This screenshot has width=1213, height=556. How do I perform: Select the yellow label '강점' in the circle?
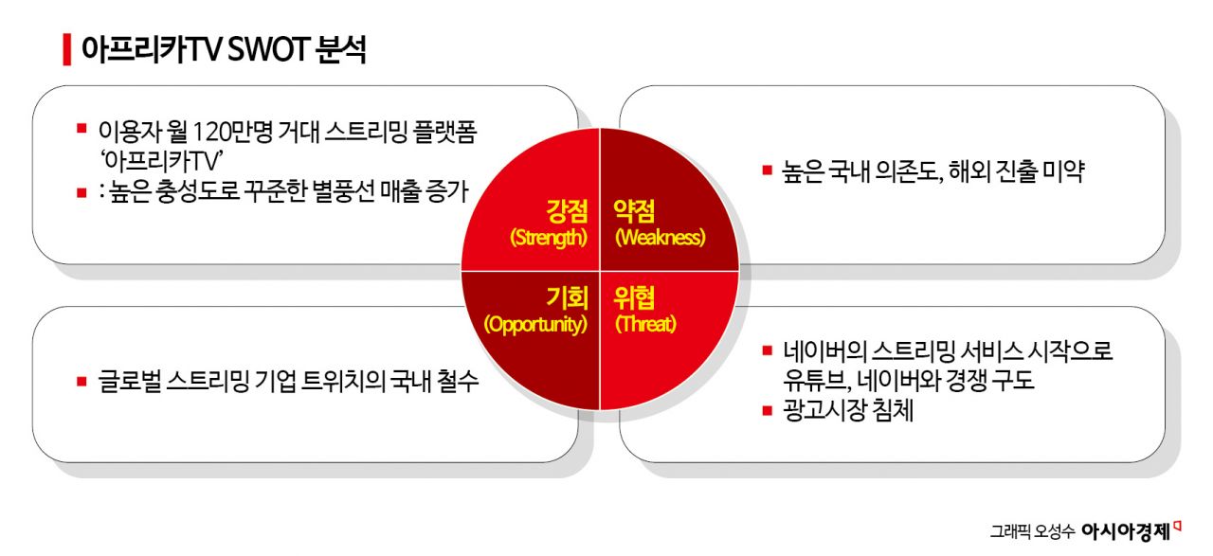pos(568,209)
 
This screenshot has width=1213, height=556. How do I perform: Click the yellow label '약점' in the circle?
pos(636,209)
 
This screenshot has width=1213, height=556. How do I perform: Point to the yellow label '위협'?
pos(636,297)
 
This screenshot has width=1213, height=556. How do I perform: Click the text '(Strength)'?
pos(549,237)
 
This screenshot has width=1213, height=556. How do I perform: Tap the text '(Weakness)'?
pos(661,237)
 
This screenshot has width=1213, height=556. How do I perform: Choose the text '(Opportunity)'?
pos(535,324)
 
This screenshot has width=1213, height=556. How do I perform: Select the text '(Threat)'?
pos(645,324)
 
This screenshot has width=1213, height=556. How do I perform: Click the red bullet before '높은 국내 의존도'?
pos(768,171)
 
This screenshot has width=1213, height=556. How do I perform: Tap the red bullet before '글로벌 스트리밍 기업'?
pos(81,382)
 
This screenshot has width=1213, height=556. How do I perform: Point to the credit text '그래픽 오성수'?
pos(1033,532)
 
